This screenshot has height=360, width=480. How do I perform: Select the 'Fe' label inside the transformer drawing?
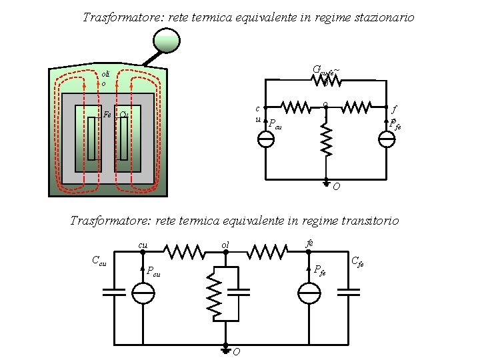(x=107, y=114)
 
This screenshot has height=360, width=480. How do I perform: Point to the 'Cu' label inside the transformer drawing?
(x=124, y=114)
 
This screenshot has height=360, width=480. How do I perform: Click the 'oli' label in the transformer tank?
(x=105, y=75)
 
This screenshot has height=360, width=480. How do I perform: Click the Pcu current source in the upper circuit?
(x=265, y=139)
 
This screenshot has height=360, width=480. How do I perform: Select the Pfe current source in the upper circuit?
(x=387, y=139)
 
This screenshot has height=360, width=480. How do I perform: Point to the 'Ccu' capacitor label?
(x=99, y=261)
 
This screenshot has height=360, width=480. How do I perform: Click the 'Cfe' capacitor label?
(x=357, y=261)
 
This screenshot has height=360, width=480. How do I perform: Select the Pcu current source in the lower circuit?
(x=143, y=293)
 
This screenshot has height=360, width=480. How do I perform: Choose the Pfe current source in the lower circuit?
(x=309, y=293)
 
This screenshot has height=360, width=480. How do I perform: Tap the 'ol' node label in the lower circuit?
(x=226, y=246)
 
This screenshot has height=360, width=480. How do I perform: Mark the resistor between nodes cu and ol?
(x=184, y=252)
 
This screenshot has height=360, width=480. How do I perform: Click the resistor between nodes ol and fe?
(x=267, y=252)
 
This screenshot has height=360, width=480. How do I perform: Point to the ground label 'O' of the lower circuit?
(x=235, y=351)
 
